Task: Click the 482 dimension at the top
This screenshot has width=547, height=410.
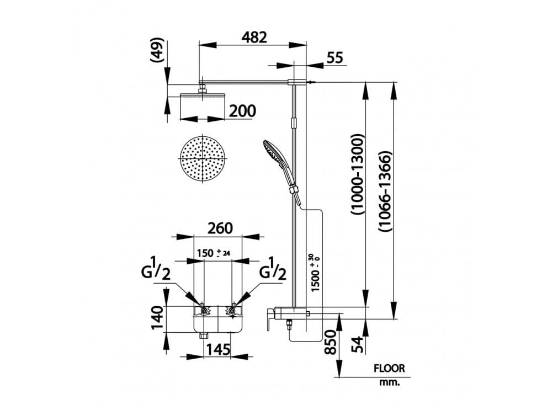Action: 254,38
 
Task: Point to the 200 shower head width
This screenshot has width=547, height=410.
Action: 242,111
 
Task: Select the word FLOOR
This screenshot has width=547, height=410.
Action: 389,368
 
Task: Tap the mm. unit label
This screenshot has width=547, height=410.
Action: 389,381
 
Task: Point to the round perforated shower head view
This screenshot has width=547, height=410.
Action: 204,158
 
